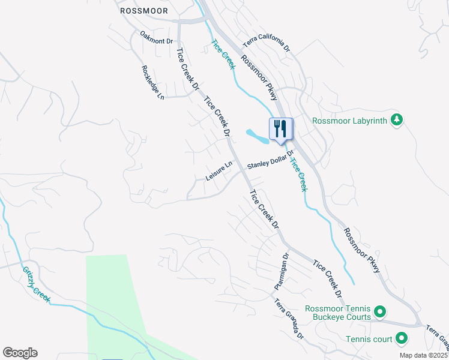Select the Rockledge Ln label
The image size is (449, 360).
[153, 82]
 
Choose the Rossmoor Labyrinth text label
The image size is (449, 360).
[351, 120]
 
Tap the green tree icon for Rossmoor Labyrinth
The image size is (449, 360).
[396, 120]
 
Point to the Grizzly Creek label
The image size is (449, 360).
[37, 284]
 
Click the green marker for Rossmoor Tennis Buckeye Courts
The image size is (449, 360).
[379, 312]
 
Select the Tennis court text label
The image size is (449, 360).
[369, 339]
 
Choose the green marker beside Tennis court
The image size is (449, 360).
[402, 339]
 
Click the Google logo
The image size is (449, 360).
[20, 353]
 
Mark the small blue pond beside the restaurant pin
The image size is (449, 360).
[259, 136]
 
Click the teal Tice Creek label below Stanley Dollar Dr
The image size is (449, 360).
[298, 173]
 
